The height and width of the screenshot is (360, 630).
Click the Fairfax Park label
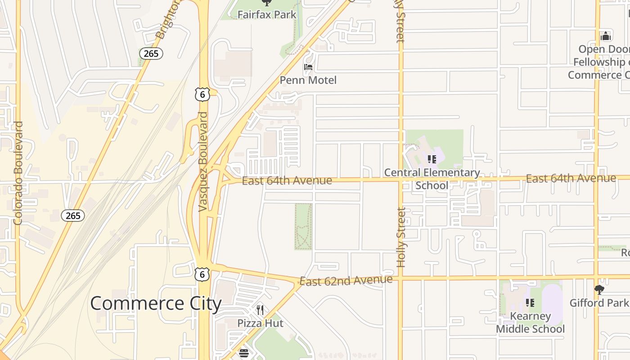pos(267,14)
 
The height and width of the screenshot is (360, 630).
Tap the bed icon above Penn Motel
pos(308,67)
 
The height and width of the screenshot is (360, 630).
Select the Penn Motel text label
pos(308,80)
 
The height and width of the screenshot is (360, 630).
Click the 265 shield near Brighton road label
pos(151,54)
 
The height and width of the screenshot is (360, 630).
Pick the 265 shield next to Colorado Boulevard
pos(73,216)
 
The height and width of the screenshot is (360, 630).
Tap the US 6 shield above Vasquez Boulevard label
pos(202,94)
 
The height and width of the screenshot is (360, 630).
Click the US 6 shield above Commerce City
pos(202,274)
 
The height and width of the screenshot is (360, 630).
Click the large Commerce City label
pos(156,303)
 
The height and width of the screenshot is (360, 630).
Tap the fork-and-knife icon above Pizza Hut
pos(260,310)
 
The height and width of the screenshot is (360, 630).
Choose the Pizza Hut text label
pos(261,323)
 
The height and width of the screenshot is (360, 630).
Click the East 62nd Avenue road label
pos(346,280)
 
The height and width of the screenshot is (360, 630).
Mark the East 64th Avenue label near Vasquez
pos(287,181)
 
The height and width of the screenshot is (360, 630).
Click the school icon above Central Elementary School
pos(432,159)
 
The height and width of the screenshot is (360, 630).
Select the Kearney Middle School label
pos(530,323)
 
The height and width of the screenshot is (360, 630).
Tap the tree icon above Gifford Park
pos(599,289)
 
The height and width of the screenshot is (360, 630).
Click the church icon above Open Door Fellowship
pos(606,36)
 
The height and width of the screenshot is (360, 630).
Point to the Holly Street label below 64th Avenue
pos(401,237)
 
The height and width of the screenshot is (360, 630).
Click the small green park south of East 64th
pos(303,226)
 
